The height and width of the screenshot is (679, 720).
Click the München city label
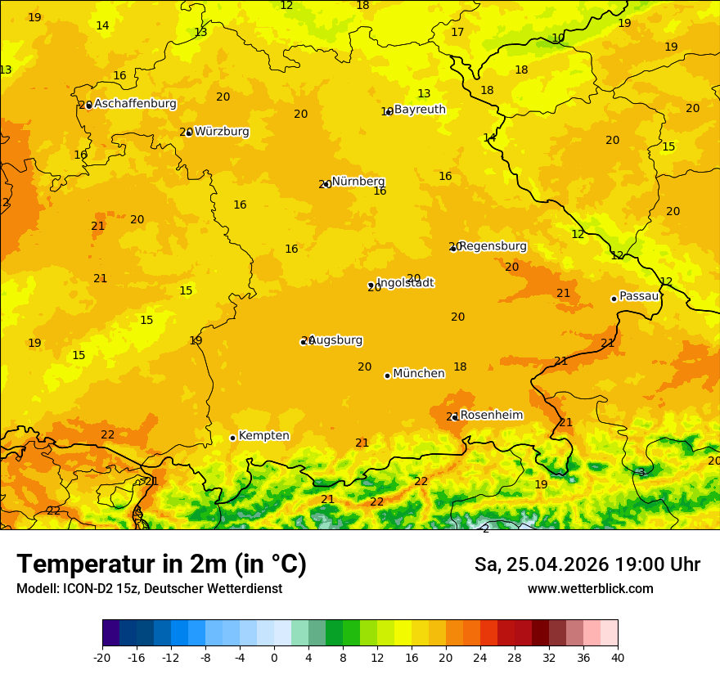(x=419, y=374)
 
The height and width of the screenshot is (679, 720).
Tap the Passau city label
(x=639, y=296)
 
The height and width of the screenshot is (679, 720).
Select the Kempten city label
(x=263, y=436)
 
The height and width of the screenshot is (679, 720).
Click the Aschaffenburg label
(x=135, y=104)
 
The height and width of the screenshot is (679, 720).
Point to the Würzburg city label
(x=222, y=132)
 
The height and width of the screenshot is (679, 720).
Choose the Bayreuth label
(x=420, y=110)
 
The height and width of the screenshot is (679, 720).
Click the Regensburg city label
(x=493, y=246)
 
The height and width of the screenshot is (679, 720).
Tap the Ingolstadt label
(x=405, y=283)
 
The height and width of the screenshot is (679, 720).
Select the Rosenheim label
(x=491, y=416)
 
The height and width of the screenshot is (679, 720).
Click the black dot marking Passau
(x=614, y=299)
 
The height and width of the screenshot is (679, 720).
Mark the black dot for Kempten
(x=232, y=438)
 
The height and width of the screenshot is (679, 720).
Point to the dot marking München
(x=387, y=375)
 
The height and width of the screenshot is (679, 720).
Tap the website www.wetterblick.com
(x=590, y=589)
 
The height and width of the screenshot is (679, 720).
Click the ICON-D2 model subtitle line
(x=149, y=589)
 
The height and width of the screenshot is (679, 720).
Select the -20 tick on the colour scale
(x=102, y=657)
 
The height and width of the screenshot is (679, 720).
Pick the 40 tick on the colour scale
(x=618, y=657)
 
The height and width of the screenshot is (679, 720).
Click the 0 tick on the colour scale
(x=274, y=657)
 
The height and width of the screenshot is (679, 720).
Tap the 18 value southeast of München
(x=461, y=366)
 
